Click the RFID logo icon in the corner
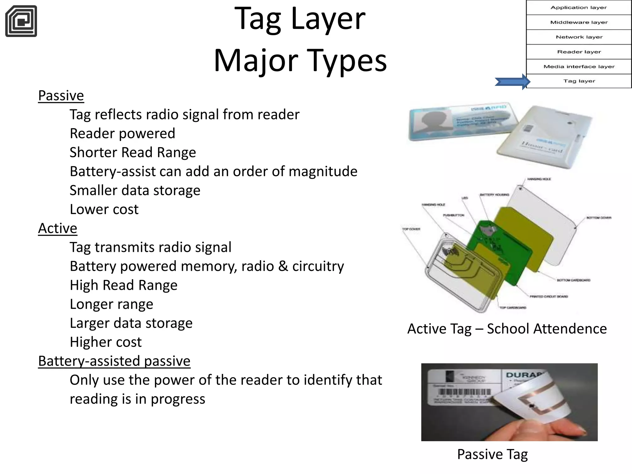click(x=21, y=21)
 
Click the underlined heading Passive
click(x=61, y=96)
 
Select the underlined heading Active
click(x=57, y=228)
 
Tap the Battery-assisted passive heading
click(x=114, y=361)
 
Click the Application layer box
click(x=579, y=7)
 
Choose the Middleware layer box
click(x=579, y=22)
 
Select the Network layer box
click(x=579, y=37)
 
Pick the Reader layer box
click(x=579, y=52)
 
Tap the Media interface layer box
click(x=579, y=67)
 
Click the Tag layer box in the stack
click(x=579, y=81)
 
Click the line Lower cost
click(x=104, y=210)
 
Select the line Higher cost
click(x=106, y=342)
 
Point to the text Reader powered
click(x=122, y=134)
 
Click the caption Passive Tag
click(x=492, y=454)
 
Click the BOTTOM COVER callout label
click(x=598, y=218)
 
